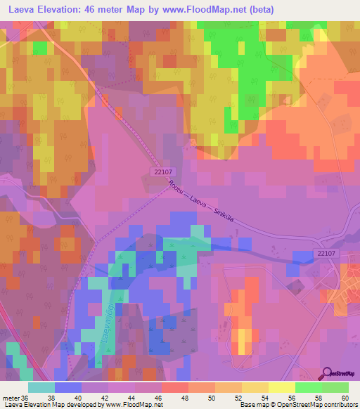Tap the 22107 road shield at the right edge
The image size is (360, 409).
coord(327,254)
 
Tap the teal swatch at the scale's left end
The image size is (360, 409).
coord(41,387)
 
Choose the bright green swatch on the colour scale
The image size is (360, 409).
coord(308,387)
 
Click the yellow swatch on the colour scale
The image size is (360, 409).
coord(281,387)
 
